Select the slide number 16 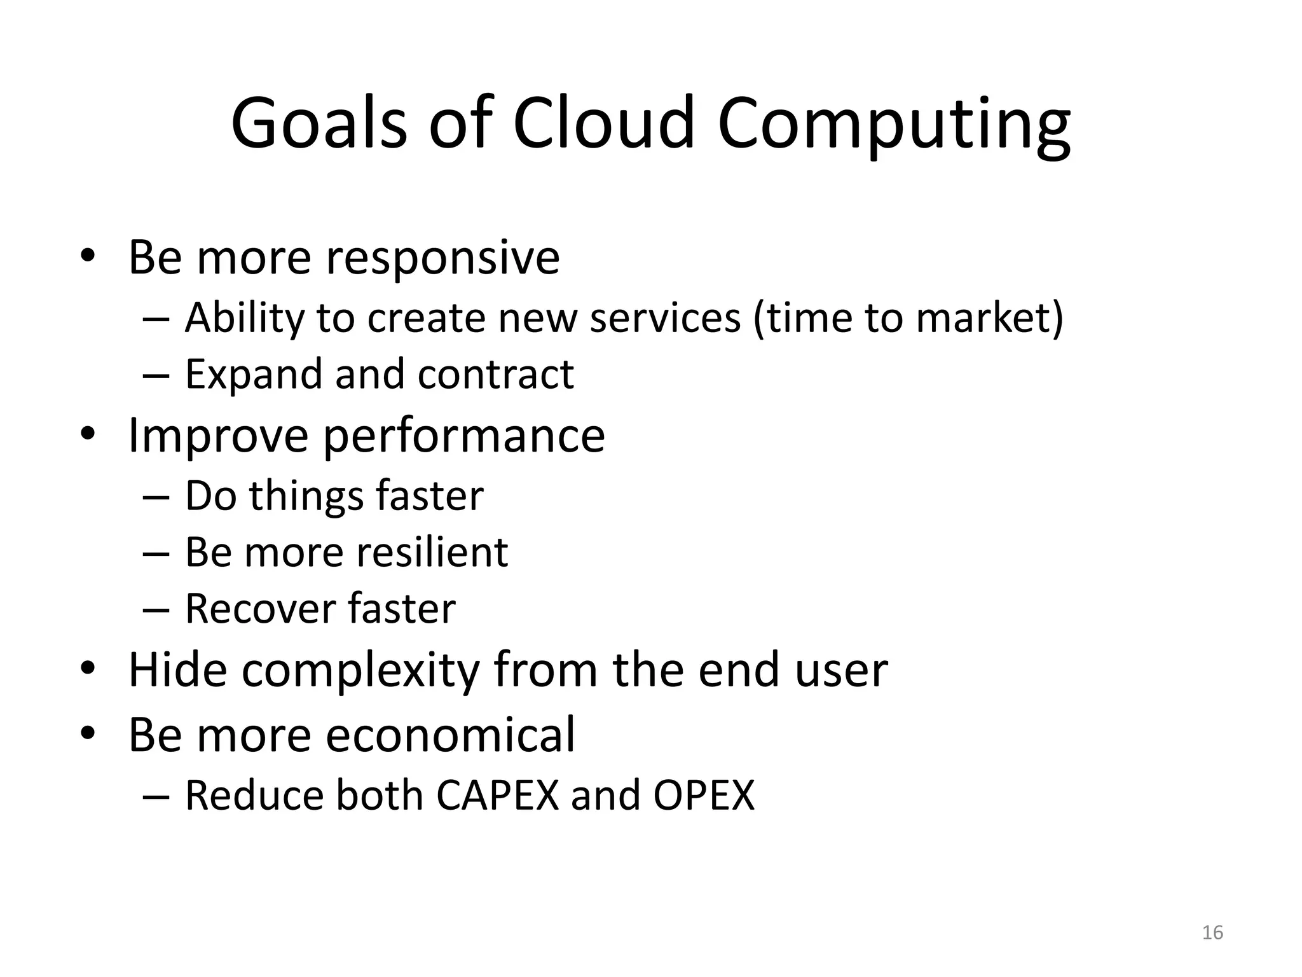1212,932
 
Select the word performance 464,436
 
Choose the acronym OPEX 704,795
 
